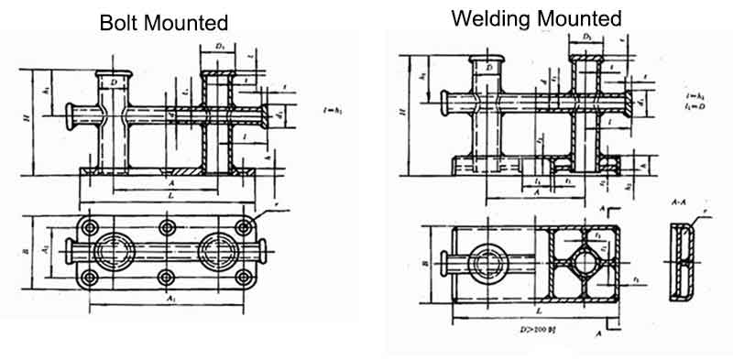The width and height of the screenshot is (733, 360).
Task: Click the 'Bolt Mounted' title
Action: tap(164, 21)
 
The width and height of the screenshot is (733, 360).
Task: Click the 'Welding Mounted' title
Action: tap(536, 17)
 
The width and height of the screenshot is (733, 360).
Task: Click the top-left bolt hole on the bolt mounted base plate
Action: tap(88, 226)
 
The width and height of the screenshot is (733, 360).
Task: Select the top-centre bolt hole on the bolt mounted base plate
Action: tap(166, 226)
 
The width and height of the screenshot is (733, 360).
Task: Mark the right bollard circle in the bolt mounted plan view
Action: tap(219, 252)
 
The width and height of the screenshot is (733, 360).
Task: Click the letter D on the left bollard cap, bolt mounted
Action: tap(113, 83)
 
